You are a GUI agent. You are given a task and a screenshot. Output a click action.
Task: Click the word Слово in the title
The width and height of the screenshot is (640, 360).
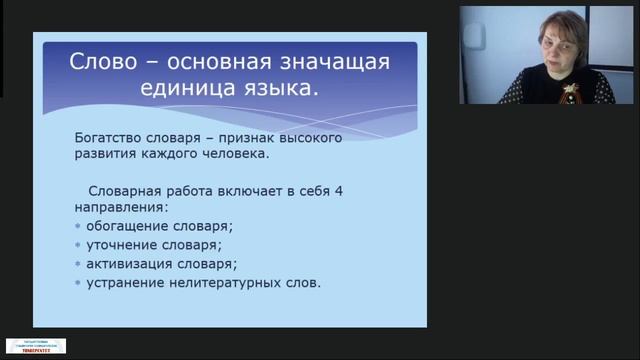tap(100, 62)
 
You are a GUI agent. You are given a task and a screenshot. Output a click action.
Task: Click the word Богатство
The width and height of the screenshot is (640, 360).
tap(113, 136)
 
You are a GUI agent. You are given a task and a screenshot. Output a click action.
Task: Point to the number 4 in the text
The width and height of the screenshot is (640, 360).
tap(336, 189)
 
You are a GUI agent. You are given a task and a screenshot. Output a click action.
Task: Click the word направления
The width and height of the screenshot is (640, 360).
tap(120, 207)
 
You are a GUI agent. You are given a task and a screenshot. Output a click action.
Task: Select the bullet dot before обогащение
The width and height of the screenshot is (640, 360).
tap(79, 226)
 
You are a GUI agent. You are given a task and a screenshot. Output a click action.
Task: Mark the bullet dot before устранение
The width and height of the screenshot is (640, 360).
tap(79, 283)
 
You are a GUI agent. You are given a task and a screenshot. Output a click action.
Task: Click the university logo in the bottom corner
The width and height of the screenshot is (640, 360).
tap(36, 345)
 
